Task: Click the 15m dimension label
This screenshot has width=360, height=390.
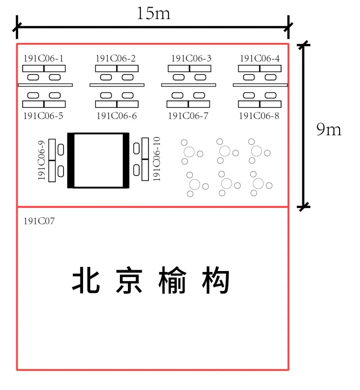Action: tap(154, 13)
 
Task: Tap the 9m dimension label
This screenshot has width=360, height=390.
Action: tap(329, 129)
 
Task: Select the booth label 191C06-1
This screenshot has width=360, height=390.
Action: tap(43, 58)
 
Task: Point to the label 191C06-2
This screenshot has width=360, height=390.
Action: tap(116, 58)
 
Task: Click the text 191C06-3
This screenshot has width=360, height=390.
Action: tap(191, 58)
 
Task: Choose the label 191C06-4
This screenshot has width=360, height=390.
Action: tap(260, 58)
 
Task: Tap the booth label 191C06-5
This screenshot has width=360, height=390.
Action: tap(43, 116)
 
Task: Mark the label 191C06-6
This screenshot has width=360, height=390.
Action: tap(117, 116)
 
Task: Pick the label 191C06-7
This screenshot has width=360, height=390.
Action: tap(188, 116)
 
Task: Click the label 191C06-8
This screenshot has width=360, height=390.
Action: tap(259, 116)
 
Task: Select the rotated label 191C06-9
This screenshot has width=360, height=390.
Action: tap(42, 160)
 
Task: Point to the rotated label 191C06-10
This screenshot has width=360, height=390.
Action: tap(156, 159)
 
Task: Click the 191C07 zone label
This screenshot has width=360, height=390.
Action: tap(39, 221)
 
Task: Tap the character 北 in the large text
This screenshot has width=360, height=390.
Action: tap(86, 280)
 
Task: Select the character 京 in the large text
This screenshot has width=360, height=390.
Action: tap(129, 280)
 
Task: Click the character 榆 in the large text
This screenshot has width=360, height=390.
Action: tap(172, 280)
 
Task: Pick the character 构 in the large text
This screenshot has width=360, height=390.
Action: tap(215, 280)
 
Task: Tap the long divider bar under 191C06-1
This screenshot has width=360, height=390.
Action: tap(45, 85)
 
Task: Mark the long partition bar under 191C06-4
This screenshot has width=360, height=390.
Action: tap(260, 85)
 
